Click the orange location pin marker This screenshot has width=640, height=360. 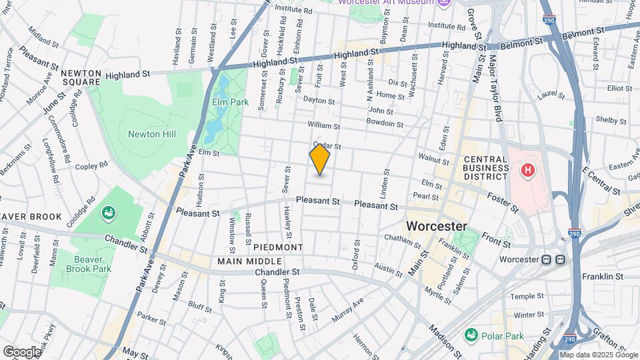point(320,159)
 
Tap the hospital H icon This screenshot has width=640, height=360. point(528,171)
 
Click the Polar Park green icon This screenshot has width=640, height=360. point(472,333)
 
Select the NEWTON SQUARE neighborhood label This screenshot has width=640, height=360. point(81,77)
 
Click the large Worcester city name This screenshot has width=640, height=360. point(437,225)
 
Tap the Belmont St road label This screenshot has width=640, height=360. point(582,31)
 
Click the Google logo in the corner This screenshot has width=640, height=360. point(21,351)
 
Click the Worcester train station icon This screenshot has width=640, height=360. point(554,259)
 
